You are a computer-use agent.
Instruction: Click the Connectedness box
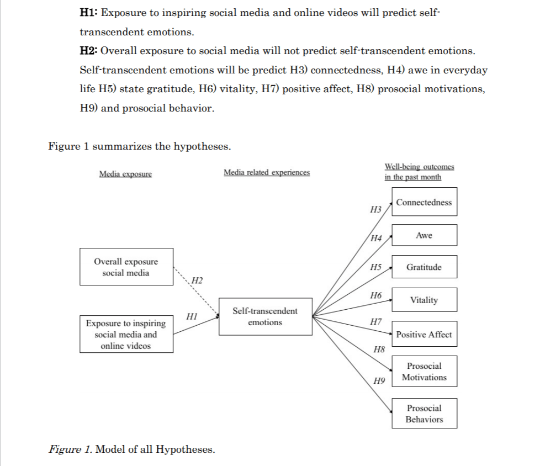click(424, 202)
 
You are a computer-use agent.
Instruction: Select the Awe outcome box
click(424, 235)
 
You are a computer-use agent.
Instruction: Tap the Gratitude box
click(424, 267)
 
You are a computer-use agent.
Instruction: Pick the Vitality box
click(424, 300)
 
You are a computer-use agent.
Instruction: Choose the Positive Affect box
click(424, 334)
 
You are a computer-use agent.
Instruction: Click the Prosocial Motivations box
click(424, 372)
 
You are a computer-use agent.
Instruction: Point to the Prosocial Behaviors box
click(424, 414)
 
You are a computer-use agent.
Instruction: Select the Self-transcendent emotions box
click(265, 317)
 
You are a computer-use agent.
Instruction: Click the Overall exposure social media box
click(126, 267)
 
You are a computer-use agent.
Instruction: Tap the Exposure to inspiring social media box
click(126, 334)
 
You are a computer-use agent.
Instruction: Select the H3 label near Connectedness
click(375, 209)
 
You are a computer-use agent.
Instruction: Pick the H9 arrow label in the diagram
click(379, 380)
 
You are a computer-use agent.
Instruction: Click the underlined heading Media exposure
click(125, 174)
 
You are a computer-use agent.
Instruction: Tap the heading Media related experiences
click(267, 172)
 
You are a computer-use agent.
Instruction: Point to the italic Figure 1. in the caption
click(70, 449)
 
